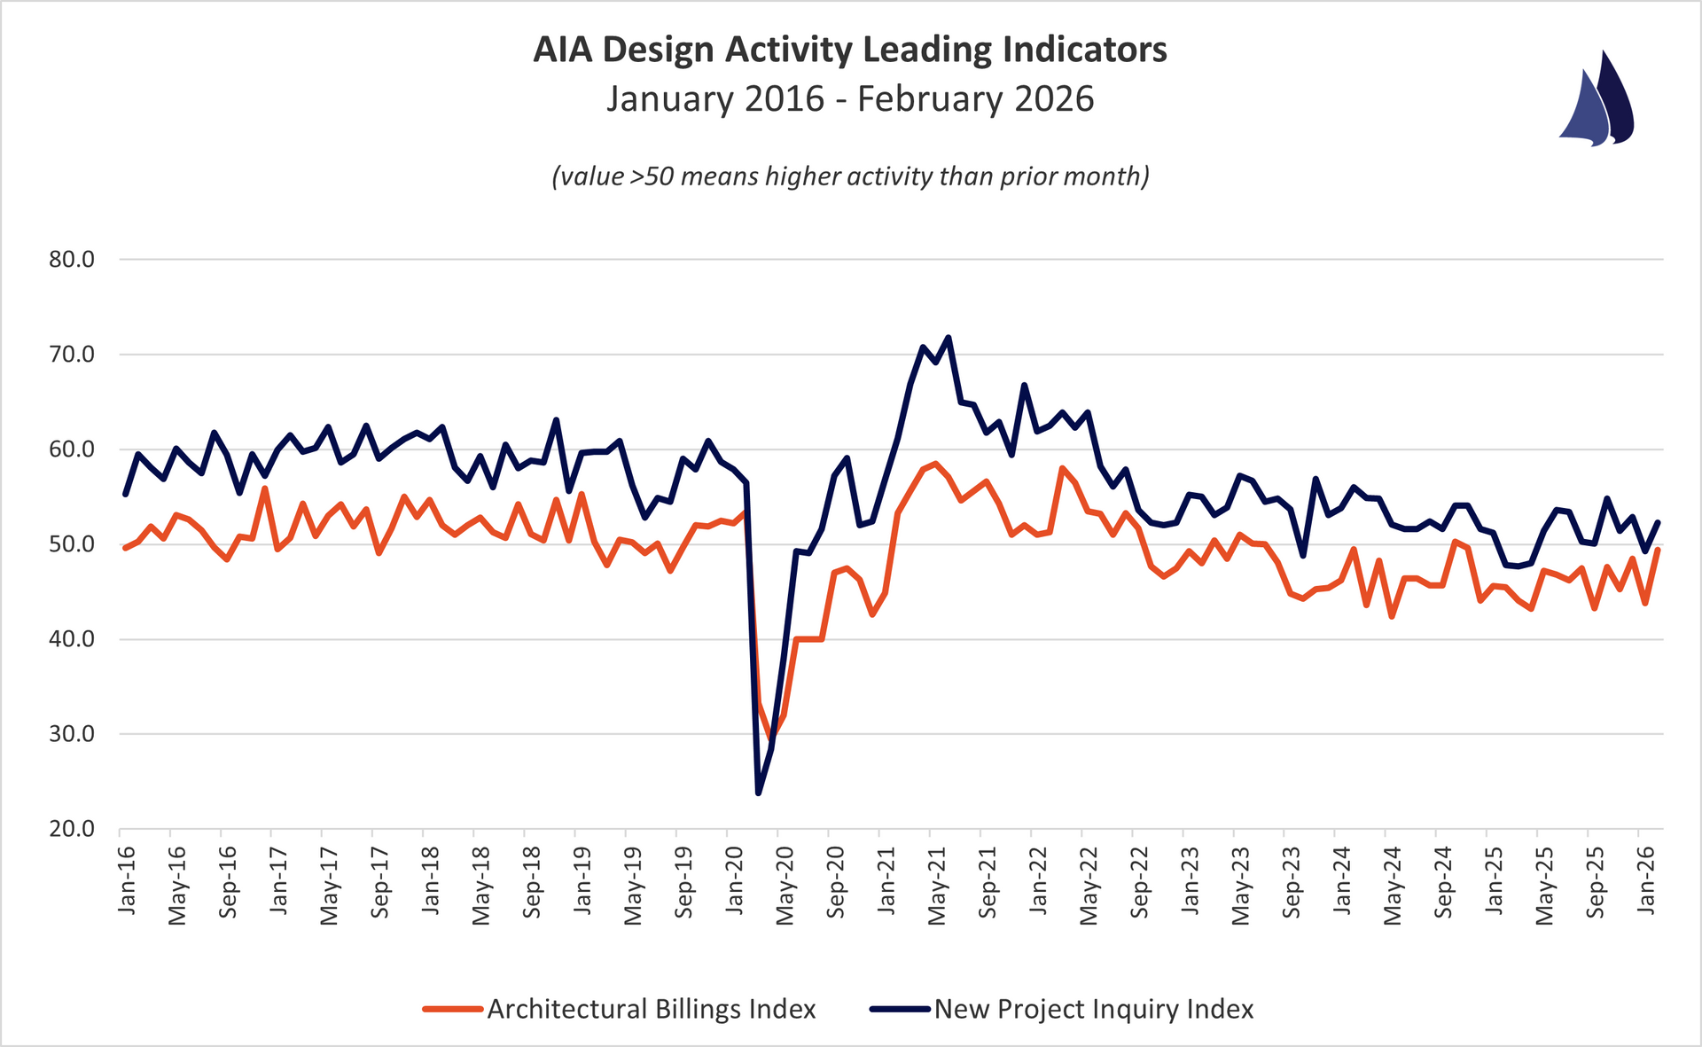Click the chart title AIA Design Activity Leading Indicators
(849, 51)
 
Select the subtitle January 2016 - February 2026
(849, 98)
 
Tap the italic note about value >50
(849, 176)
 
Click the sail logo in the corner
(1597, 99)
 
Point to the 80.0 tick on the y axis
(71, 260)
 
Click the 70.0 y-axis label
(71, 355)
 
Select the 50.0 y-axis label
(71, 544)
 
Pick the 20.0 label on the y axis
(71, 829)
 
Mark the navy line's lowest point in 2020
(759, 793)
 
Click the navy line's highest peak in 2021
(949, 337)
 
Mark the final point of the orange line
(1658, 550)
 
